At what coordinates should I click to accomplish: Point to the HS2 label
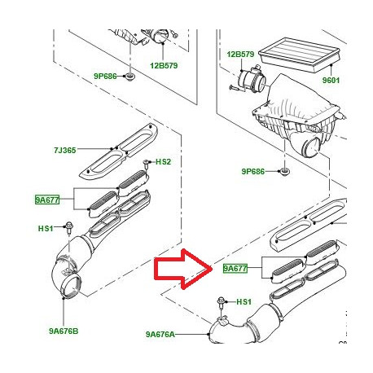164,162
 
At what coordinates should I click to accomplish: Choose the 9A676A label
160,334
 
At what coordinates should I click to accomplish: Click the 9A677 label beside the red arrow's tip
235,267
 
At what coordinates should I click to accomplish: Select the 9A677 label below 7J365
47,198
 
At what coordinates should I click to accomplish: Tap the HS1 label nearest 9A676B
46,228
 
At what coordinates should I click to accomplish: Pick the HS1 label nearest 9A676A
244,302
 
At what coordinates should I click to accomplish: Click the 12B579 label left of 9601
240,55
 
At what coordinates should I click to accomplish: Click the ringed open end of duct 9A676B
68,286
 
